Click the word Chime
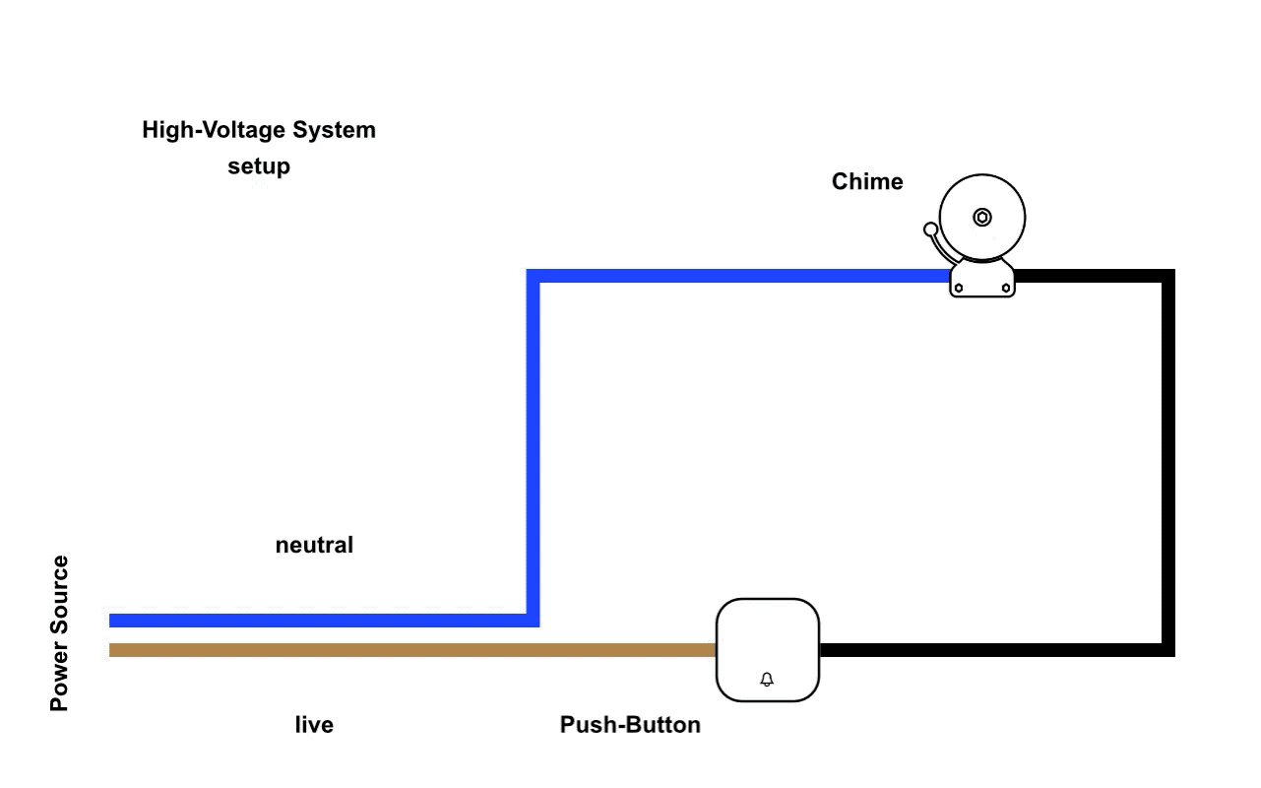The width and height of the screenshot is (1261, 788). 867,182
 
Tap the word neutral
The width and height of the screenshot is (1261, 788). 314,545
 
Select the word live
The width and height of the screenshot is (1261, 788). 314,725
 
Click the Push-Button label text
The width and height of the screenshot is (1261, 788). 630,725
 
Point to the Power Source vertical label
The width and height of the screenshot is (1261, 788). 60,632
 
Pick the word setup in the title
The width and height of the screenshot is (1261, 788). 259,166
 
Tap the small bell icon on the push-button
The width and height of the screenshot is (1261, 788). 767,680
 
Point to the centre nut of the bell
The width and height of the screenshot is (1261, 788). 981,217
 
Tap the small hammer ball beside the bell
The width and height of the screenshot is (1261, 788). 930,230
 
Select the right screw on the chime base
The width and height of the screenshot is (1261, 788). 1005,289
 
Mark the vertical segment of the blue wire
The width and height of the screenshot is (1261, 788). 534,443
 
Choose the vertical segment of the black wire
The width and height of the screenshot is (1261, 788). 1168,463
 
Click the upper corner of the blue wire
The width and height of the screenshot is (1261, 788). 534,276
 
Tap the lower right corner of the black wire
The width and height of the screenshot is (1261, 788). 1168,650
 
